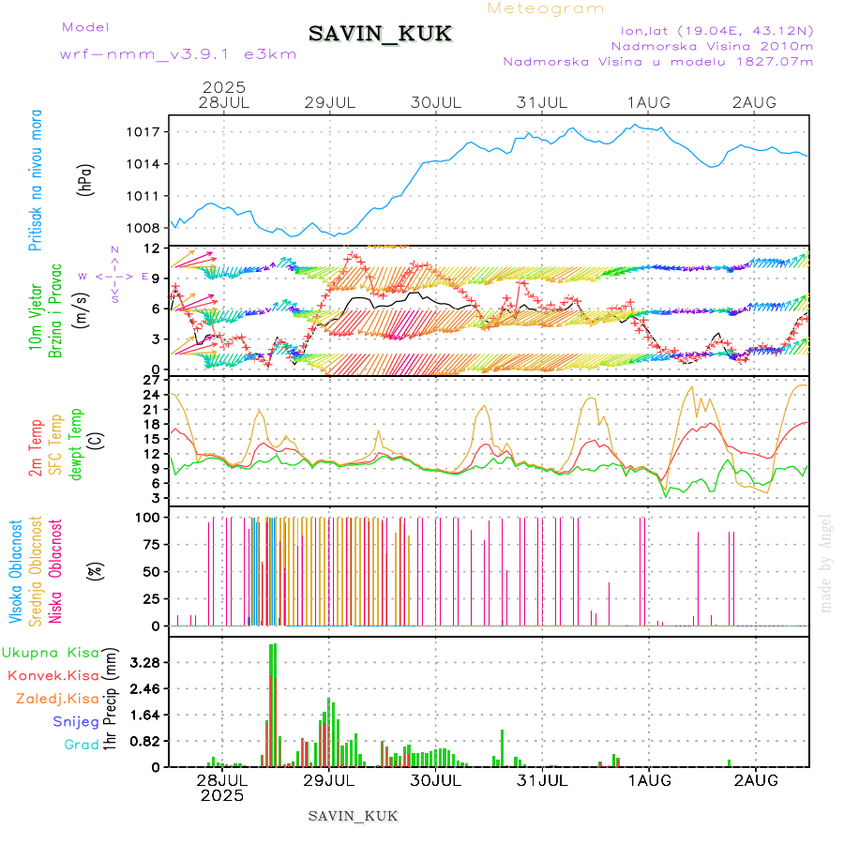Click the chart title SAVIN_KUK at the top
click(x=381, y=35)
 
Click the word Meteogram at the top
click(x=547, y=8)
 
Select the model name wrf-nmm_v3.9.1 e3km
click(x=178, y=53)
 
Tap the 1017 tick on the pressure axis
click(x=145, y=132)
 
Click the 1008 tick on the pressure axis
click(x=145, y=228)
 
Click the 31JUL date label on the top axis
click(x=543, y=102)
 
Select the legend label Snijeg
click(x=75, y=722)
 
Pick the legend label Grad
click(x=81, y=746)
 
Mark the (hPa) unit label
click(x=86, y=179)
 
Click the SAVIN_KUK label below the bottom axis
click(x=354, y=816)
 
